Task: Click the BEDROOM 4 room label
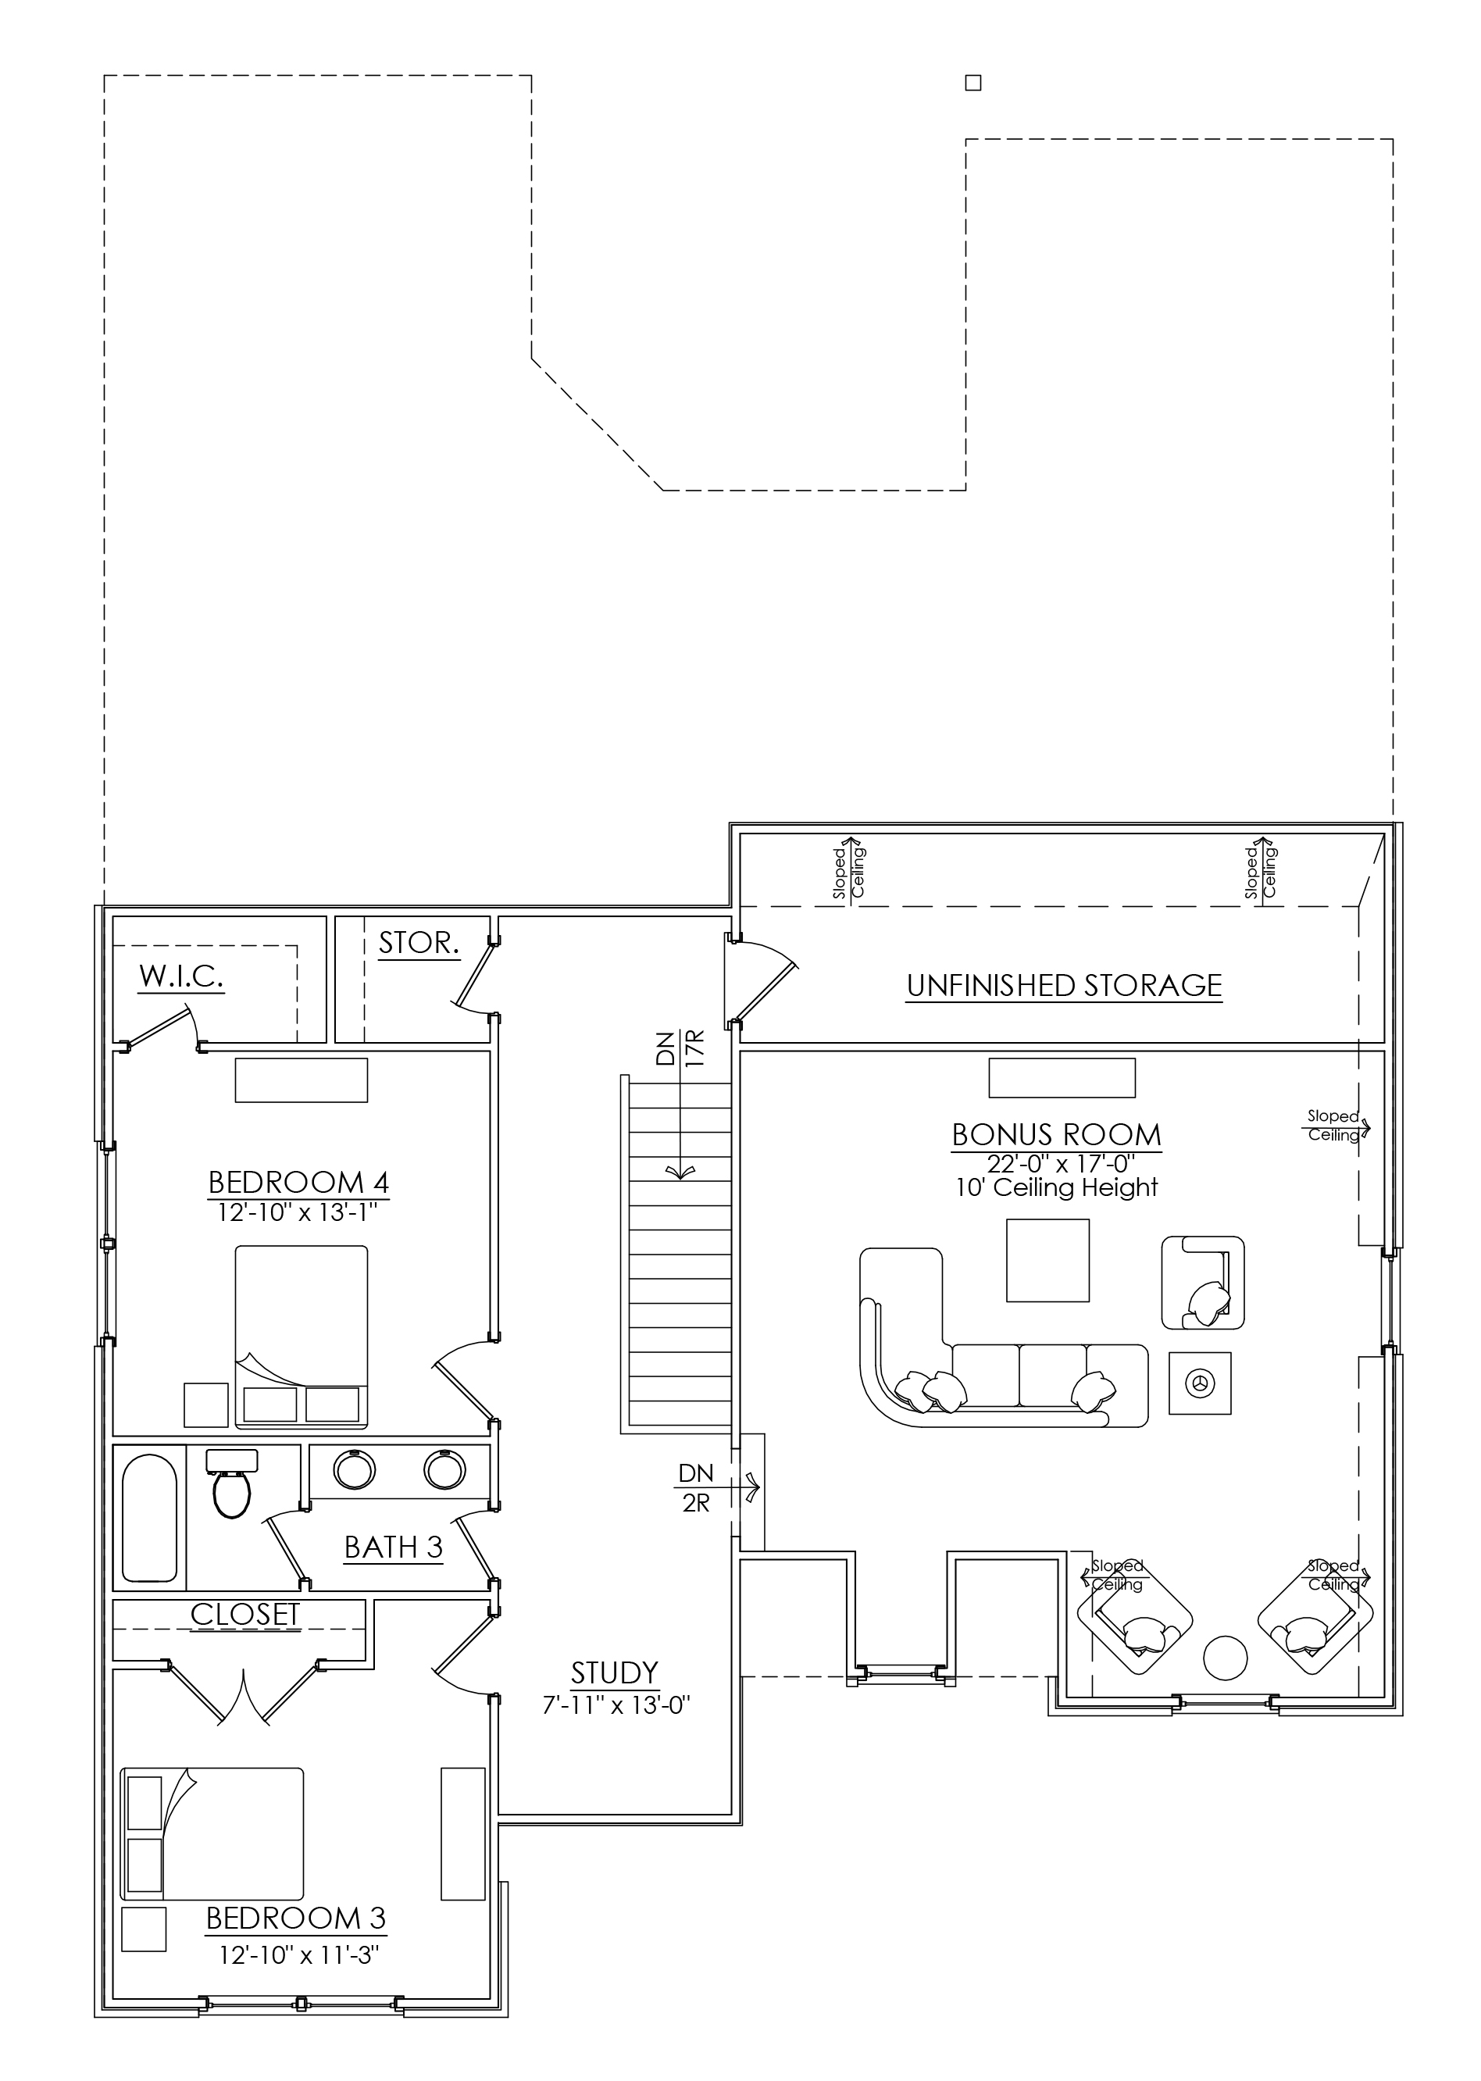(x=299, y=1183)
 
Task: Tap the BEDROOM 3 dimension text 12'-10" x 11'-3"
(x=298, y=1955)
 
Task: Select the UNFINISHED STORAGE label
(x=1064, y=986)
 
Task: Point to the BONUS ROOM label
(x=1057, y=1135)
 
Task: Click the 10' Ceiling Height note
(x=1057, y=1187)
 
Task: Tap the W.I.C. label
(x=181, y=976)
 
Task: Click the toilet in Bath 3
(x=232, y=1483)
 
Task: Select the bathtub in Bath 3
(x=151, y=1519)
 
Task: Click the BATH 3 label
(x=393, y=1547)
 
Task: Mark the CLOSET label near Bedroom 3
(x=245, y=1615)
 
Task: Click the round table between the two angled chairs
(x=1225, y=1658)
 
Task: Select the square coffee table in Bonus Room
(x=1047, y=1260)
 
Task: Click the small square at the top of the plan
(x=973, y=83)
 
